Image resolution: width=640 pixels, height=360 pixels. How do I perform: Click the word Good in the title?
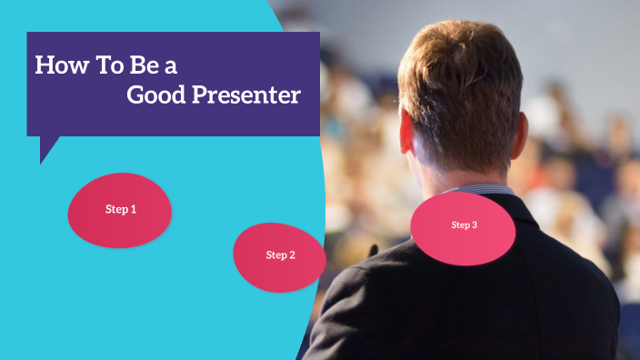155,95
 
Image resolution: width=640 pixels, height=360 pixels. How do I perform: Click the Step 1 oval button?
120,210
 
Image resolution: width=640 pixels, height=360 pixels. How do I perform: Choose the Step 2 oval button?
280,256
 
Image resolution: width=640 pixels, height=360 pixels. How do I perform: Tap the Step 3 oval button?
464,227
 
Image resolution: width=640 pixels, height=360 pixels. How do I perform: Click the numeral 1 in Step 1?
134,210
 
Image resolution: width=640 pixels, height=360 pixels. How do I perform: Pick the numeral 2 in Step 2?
292,255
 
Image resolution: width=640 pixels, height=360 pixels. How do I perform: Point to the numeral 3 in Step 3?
475,225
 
